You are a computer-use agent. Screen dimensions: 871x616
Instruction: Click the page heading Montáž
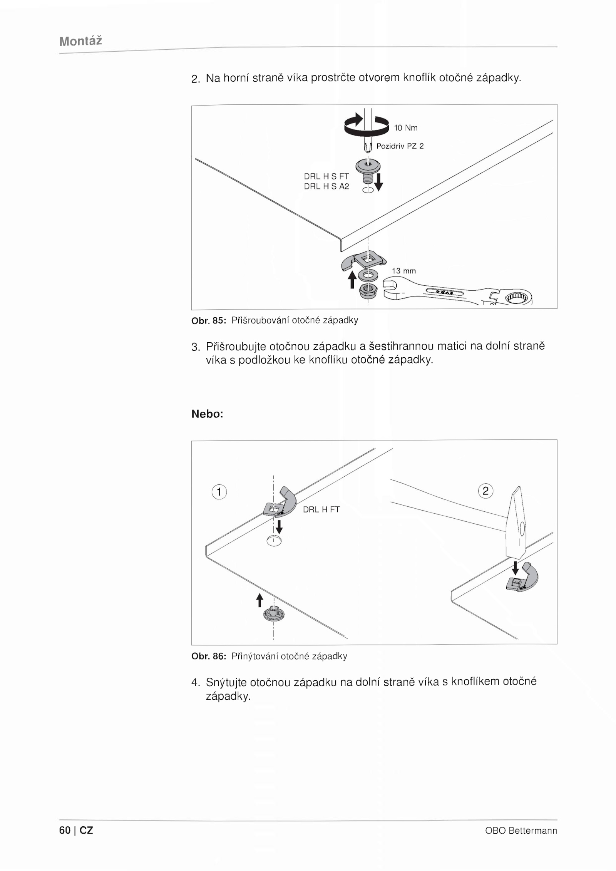tap(80, 41)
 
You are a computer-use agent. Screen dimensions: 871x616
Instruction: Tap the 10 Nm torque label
tap(405, 128)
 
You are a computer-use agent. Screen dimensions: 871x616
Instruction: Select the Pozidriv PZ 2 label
tap(400, 146)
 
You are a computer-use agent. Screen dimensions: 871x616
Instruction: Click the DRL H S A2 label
tap(326, 187)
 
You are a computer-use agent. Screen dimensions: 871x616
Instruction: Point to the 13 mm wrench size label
tap(404, 271)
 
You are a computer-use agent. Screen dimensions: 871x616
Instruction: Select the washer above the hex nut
tap(368, 275)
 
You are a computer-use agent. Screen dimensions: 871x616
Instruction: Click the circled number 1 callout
tap(219, 492)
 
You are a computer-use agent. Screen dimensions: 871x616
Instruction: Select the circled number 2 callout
tap(485, 491)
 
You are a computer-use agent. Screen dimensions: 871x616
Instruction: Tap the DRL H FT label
tap(321, 509)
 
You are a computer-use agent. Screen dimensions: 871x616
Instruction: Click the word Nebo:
tap(207, 414)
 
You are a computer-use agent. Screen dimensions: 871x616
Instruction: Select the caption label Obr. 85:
tap(208, 320)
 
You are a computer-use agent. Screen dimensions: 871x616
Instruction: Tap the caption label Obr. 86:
tap(208, 656)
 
